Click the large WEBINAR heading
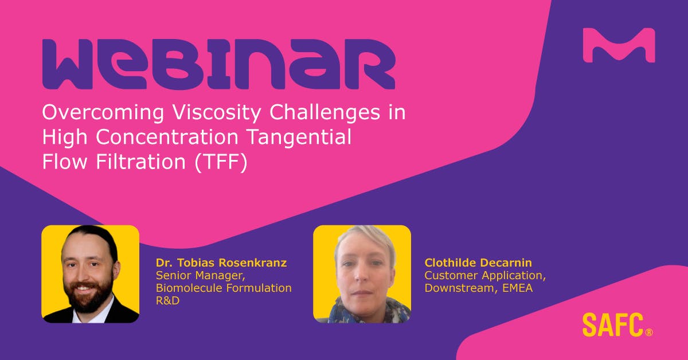(x=218, y=64)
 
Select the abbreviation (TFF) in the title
(x=220, y=162)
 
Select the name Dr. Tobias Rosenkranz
(x=221, y=263)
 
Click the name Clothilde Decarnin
(x=478, y=263)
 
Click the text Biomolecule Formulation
(x=224, y=288)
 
